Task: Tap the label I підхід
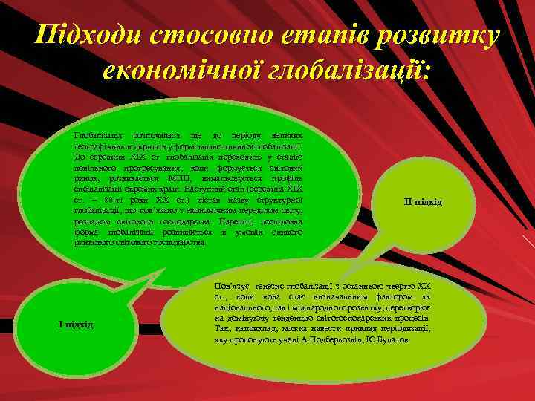click(75, 324)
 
